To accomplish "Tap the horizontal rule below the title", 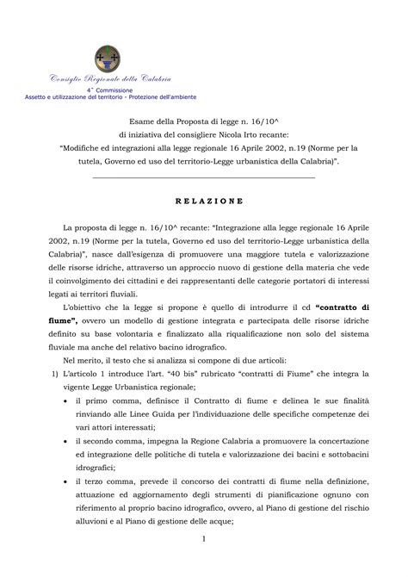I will (203, 177).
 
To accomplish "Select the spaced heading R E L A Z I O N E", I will (203, 201).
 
